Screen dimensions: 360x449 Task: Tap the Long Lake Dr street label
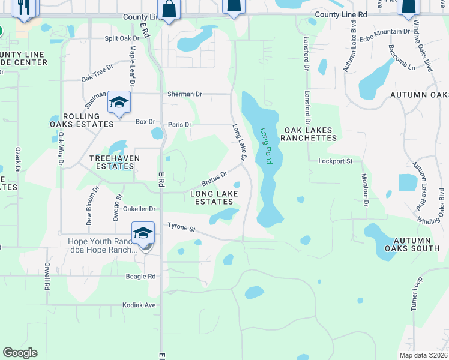(x=240, y=142)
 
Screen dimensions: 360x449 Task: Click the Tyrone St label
(x=182, y=229)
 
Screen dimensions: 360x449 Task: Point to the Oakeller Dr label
(x=139, y=209)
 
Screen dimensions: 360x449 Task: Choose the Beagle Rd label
(x=140, y=276)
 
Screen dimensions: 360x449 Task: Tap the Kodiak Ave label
(x=139, y=305)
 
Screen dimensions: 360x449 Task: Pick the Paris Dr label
(x=179, y=125)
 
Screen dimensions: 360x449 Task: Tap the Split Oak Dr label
(x=122, y=38)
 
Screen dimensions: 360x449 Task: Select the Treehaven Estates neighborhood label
(x=115, y=162)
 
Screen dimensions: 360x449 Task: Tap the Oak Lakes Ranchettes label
(x=310, y=134)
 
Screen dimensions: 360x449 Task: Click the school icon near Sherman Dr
(x=119, y=104)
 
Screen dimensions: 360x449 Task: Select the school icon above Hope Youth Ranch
(x=143, y=233)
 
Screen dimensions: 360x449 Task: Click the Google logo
(x=20, y=353)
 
